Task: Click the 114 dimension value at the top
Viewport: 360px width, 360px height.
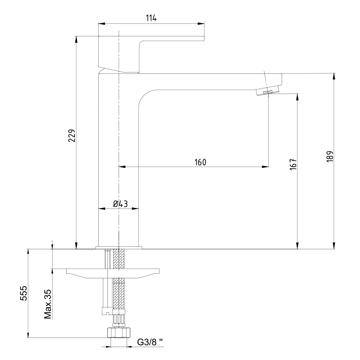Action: pos(151,18)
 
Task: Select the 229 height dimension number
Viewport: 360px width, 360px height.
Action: pos(72,136)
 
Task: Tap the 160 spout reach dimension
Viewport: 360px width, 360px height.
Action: pos(201,162)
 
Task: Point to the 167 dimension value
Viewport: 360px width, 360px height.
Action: pos(293,164)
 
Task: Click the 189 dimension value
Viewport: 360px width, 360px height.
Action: pos(330,157)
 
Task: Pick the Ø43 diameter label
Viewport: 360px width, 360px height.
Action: pos(120,204)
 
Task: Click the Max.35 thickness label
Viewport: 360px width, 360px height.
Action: pos(48,304)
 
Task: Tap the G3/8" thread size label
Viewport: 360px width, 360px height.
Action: pos(150,342)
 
